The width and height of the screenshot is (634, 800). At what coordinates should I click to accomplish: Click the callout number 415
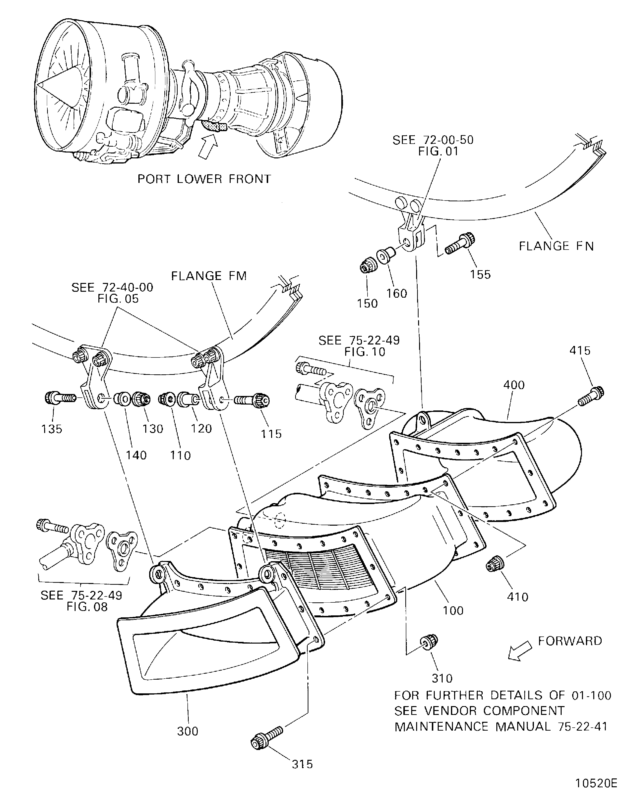tap(580, 351)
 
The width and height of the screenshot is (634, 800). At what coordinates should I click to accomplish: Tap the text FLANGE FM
tap(209, 276)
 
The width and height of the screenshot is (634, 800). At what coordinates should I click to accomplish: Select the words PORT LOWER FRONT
tap(204, 179)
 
